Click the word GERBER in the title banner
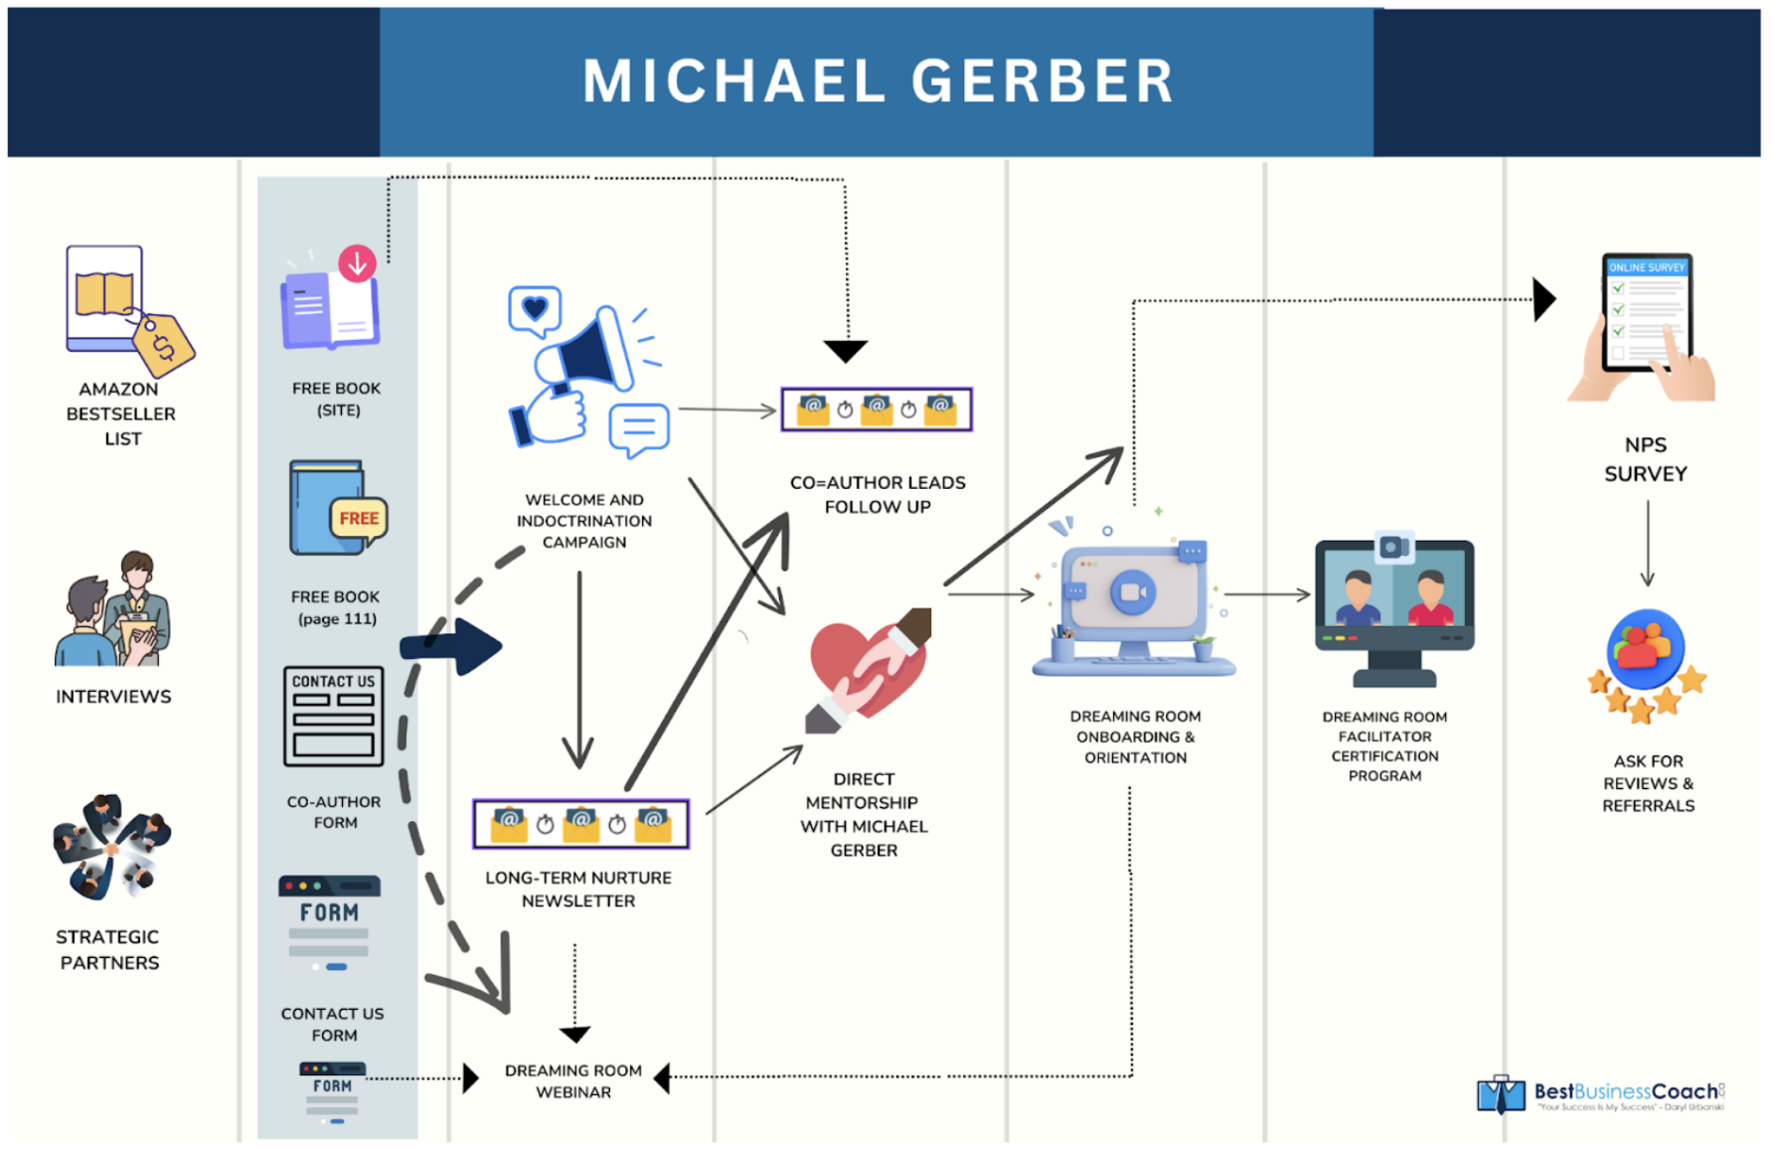pyautogui.click(x=1043, y=82)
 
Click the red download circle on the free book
pyautogui.click(x=357, y=263)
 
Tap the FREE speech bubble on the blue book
pyautogui.click(x=358, y=519)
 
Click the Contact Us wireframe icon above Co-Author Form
pyautogui.click(x=333, y=717)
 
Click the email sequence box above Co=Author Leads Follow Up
pyautogui.click(x=876, y=410)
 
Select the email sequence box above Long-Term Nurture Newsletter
pyautogui.click(x=580, y=824)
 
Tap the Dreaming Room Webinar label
pyautogui.click(x=573, y=1080)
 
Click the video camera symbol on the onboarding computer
pyautogui.click(x=1132, y=592)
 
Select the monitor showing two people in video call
pyautogui.click(x=1393, y=608)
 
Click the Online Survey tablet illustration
pyautogui.click(x=1645, y=323)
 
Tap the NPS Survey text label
pyautogui.click(x=1645, y=459)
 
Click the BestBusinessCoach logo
pyautogui.click(x=1601, y=1094)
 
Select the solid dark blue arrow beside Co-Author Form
pyautogui.click(x=453, y=647)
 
